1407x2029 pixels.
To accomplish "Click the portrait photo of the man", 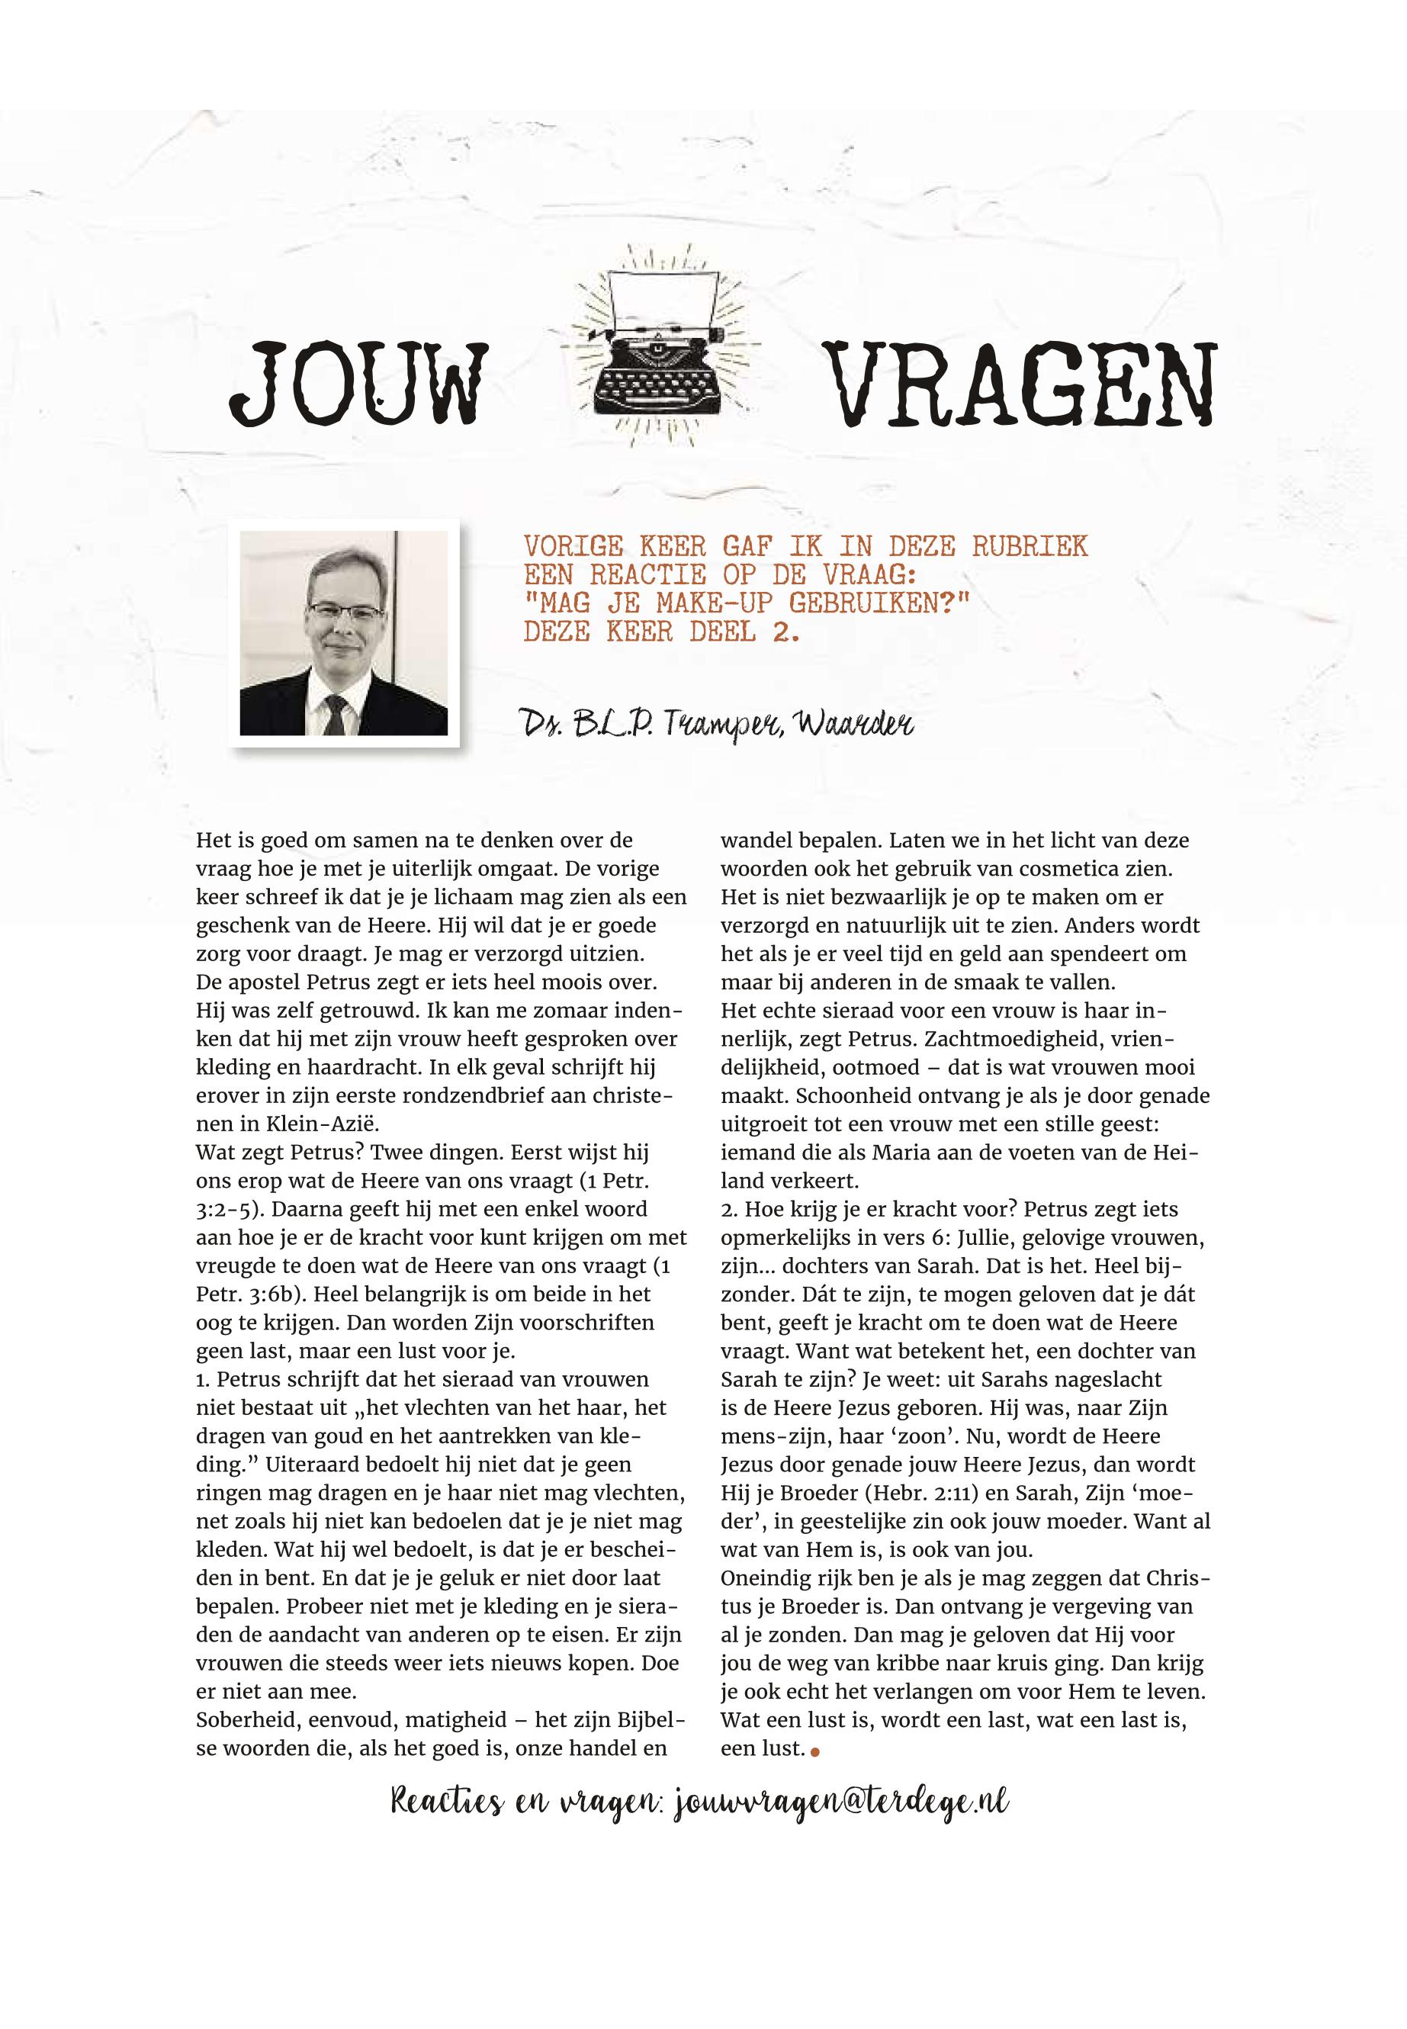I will tap(344, 632).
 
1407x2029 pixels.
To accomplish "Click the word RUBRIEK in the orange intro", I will tap(1030, 546).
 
